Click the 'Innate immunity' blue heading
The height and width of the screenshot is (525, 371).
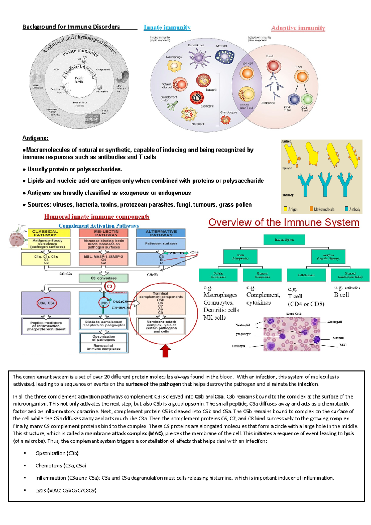point(167,28)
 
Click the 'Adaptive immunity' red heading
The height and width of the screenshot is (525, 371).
point(298,28)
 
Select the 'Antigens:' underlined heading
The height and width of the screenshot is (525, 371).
point(35,138)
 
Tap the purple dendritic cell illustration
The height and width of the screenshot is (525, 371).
point(198,57)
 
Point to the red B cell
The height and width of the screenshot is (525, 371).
point(273,66)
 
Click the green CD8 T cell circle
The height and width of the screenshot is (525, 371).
point(307,100)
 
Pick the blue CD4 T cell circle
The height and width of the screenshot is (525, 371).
point(294,100)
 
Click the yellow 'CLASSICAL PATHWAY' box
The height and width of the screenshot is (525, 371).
point(45,233)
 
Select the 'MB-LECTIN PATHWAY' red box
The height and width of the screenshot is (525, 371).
point(104,233)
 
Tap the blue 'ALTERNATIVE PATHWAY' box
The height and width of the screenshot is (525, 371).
point(161,233)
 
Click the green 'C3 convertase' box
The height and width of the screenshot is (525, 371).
point(104,278)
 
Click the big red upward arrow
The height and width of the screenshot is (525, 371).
point(166,351)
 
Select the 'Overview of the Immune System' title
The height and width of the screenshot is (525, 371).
point(284,223)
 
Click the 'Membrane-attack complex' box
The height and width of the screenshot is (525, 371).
point(161,326)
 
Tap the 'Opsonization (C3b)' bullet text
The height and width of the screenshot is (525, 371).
point(57,453)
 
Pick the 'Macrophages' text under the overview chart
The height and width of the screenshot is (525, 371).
point(220,295)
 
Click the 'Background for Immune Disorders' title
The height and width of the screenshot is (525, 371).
point(71,27)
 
